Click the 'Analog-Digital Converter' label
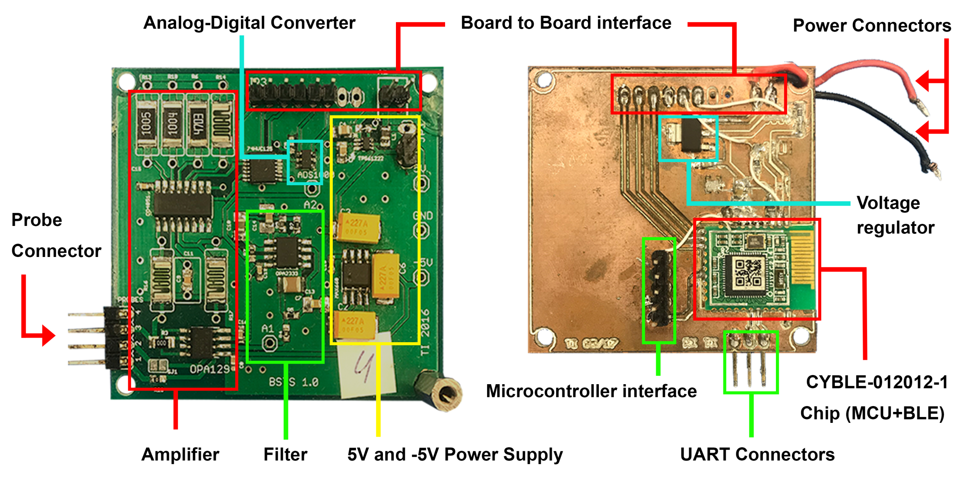click(249, 23)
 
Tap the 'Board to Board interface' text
click(566, 23)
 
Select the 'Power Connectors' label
click(872, 26)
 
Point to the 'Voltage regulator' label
click(895, 215)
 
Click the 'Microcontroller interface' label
click(591, 391)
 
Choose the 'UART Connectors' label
click(757, 454)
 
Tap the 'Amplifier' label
click(180, 454)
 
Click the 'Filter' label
click(285, 454)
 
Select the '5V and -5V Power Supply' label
click(455, 454)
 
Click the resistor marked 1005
click(146, 123)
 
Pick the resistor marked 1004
click(172, 123)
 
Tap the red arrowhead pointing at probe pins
click(49, 335)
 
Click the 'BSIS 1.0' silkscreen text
click(294, 382)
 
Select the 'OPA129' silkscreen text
click(209, 369)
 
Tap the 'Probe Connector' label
click(56, 235)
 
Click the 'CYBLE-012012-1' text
click(877, 382)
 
